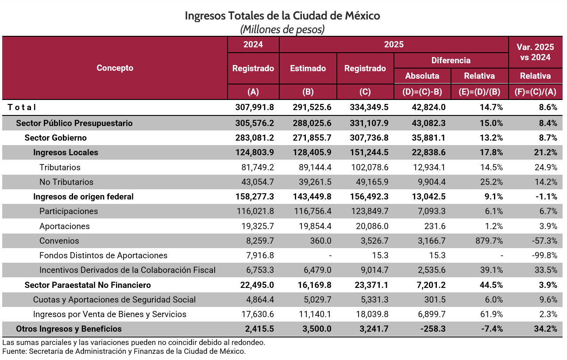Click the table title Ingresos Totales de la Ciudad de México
(282, 16)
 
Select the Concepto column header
(115, 68)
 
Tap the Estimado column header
(308, 68)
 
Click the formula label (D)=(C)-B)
(422, 92)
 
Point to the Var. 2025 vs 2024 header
(535, 52)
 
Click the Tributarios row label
(60, 168)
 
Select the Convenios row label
(59, 241)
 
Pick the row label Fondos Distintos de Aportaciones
(103, 256)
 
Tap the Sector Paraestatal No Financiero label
(88, 285)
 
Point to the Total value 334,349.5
(366, 107)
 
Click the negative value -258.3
(432, 329)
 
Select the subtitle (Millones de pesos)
(282, 30)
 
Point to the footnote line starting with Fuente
(124, 352)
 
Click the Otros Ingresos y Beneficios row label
(69, 329)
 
